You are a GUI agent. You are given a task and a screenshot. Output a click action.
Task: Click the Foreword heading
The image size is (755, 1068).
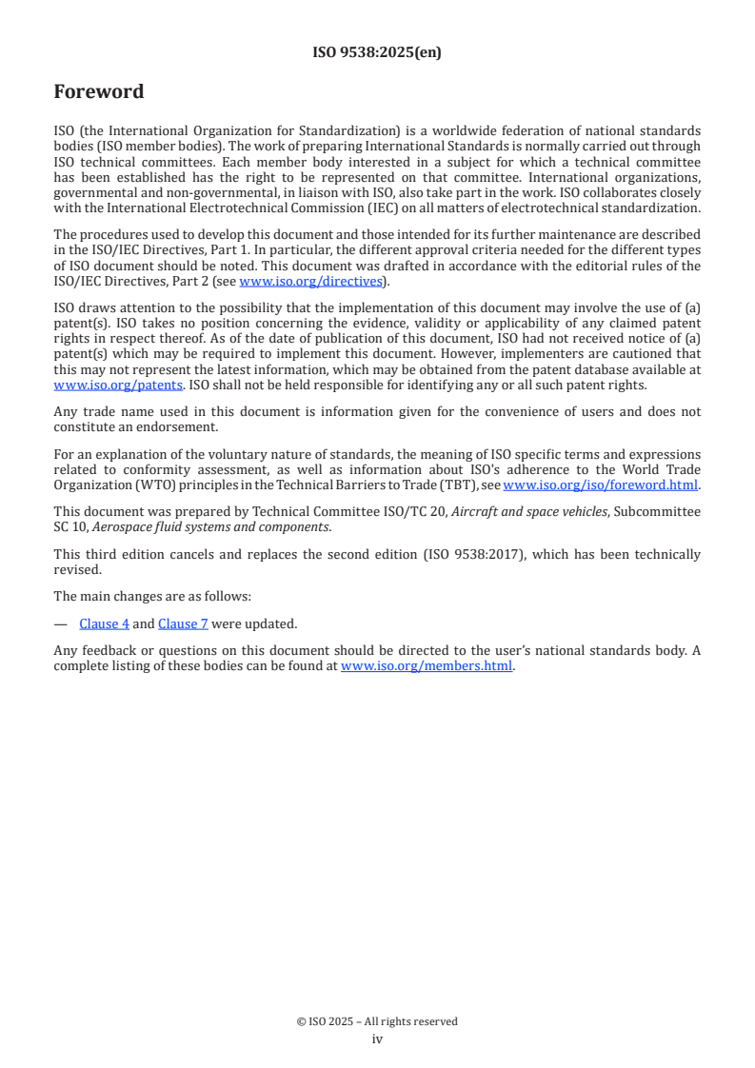(99, 92)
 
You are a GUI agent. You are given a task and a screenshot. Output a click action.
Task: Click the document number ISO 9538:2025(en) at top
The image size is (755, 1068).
(377, 52)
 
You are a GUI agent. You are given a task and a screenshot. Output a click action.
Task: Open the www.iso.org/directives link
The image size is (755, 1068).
(310, 281)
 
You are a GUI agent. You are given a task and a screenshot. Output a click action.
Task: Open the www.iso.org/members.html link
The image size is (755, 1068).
(427, 666)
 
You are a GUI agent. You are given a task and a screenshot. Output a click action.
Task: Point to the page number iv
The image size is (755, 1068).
(377, 1038)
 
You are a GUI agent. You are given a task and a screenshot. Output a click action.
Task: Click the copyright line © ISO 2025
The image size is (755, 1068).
(377, 1021)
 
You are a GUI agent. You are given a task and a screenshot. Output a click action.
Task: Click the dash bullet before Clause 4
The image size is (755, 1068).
(61, 623)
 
